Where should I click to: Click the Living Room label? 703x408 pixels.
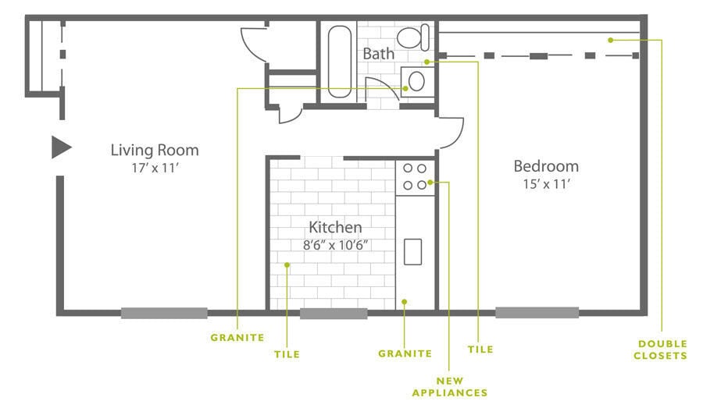point(155,150)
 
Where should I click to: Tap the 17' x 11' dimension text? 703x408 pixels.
point(155,168)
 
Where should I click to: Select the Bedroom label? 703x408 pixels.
point(546,166)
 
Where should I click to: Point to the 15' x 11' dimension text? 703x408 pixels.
point(546,184)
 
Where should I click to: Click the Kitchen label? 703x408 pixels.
point(335,227)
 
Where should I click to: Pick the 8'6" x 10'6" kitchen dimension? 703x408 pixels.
point(335,245)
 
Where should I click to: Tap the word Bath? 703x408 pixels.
point(378,54)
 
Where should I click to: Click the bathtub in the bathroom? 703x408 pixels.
point(340,62)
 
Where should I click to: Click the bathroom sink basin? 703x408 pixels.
point(416,82)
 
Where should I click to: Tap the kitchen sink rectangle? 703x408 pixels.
point(413,252)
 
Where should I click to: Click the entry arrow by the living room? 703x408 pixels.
point(62,147)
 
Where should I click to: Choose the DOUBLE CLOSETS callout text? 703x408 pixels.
point(660,349)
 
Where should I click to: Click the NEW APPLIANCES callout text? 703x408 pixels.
point(450,387)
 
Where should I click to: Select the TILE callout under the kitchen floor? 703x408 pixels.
point(287,354)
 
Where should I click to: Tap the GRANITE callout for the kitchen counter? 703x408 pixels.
point(405,353)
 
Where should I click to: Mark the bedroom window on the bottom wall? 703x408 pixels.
point(537,313)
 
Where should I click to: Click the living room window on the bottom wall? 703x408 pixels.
point(164,313)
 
